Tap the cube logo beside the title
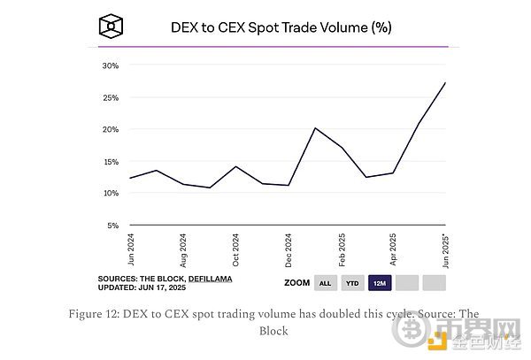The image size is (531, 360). click(110, 26)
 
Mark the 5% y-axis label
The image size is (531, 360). click(112, 225)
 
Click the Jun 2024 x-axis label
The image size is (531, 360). click(131, 251)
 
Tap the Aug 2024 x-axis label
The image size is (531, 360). click(183, 251)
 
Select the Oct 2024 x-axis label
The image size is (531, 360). click(236, 251)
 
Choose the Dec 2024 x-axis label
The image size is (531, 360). click(289, 251)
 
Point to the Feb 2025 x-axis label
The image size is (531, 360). click(341, 251)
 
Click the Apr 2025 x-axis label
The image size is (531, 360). click(393, 251)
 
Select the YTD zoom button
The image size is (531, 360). click(351, 284)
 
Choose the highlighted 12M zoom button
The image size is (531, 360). click(380, 284)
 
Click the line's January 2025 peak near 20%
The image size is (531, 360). click(315, 128)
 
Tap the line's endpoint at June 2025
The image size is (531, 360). click(444, 82)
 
